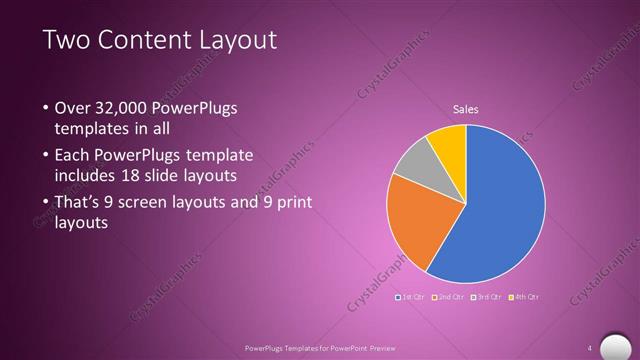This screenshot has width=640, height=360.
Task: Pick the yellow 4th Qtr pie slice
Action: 449,144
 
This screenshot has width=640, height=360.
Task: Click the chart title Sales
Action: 466,109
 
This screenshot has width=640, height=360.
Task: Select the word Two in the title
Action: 65,40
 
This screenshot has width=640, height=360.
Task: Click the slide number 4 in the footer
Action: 589,348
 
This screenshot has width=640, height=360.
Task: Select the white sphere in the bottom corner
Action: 611,344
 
